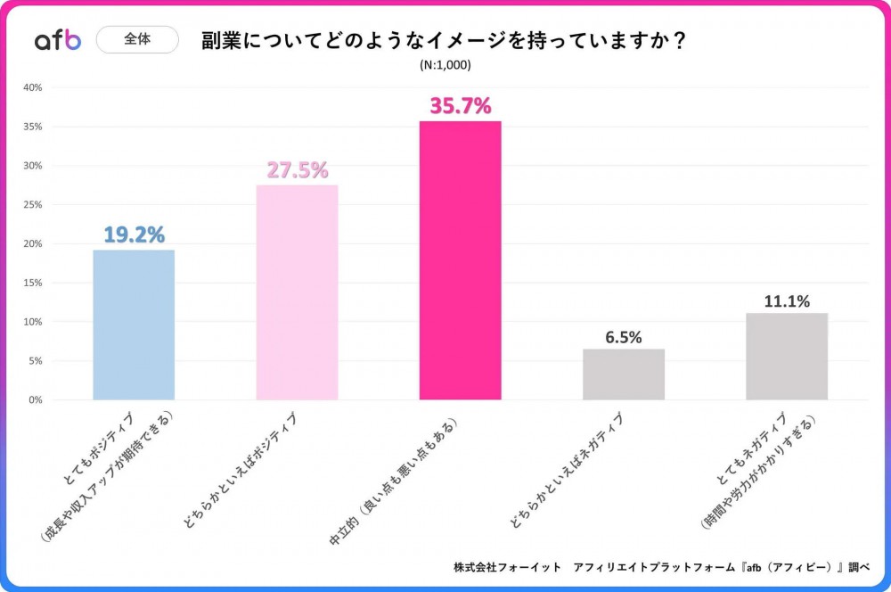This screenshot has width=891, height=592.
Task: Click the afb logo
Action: click(x=57, y=40)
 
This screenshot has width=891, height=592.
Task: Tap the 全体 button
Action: click(x=137, y=40)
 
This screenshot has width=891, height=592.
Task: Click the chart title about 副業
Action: click(x=444, y=42)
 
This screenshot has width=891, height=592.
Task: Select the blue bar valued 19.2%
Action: click(x=134, y=325)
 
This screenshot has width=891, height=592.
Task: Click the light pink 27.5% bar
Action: click(x=297, y=292)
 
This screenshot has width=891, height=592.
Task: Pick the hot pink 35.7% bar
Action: click(x=460, y=260)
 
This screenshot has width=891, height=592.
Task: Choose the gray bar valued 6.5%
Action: click(x=624, y=374)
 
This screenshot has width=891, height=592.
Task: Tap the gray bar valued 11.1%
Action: click(x=787, y=357)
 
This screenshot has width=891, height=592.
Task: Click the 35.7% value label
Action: click(x=461, y=106)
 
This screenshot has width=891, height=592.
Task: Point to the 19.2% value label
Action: click(x=134, y=234)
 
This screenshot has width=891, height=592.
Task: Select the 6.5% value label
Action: click(x=624, y=337)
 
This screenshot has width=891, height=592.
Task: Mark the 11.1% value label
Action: click(x=787, y=301)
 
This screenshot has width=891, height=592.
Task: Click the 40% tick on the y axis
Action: click(x=33, y=87)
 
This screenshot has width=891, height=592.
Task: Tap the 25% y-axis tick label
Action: click(x=33, y=204)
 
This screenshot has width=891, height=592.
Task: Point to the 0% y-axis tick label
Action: click(x=36, y=399)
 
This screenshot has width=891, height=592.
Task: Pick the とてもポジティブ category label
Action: click(x=98, y=450)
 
